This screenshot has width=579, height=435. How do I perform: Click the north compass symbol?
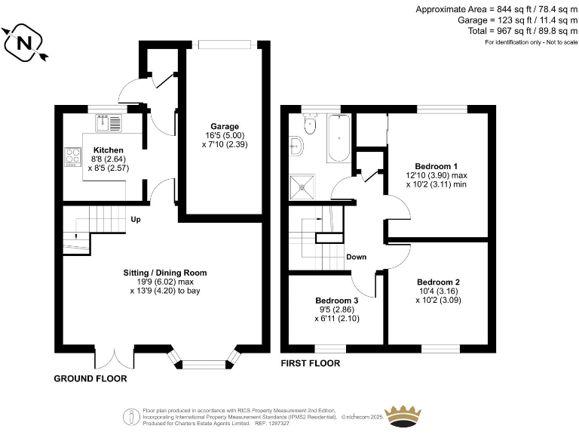click(x=24, y=42)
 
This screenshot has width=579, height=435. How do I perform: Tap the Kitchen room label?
click(x=103, y=150)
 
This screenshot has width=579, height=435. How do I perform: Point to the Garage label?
click(x=225, y=126)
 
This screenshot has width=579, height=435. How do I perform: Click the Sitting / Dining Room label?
click(x=165, y=273)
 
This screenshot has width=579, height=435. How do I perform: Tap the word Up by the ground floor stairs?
click(x=136, y=221)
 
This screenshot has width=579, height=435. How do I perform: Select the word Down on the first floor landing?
click(x=357, y=257)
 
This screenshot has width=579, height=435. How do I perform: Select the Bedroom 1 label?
click(x=436, y=165)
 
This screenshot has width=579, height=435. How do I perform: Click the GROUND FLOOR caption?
click(x=90, y=378)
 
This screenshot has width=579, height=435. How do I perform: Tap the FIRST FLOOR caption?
click(x=310, y=363)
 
